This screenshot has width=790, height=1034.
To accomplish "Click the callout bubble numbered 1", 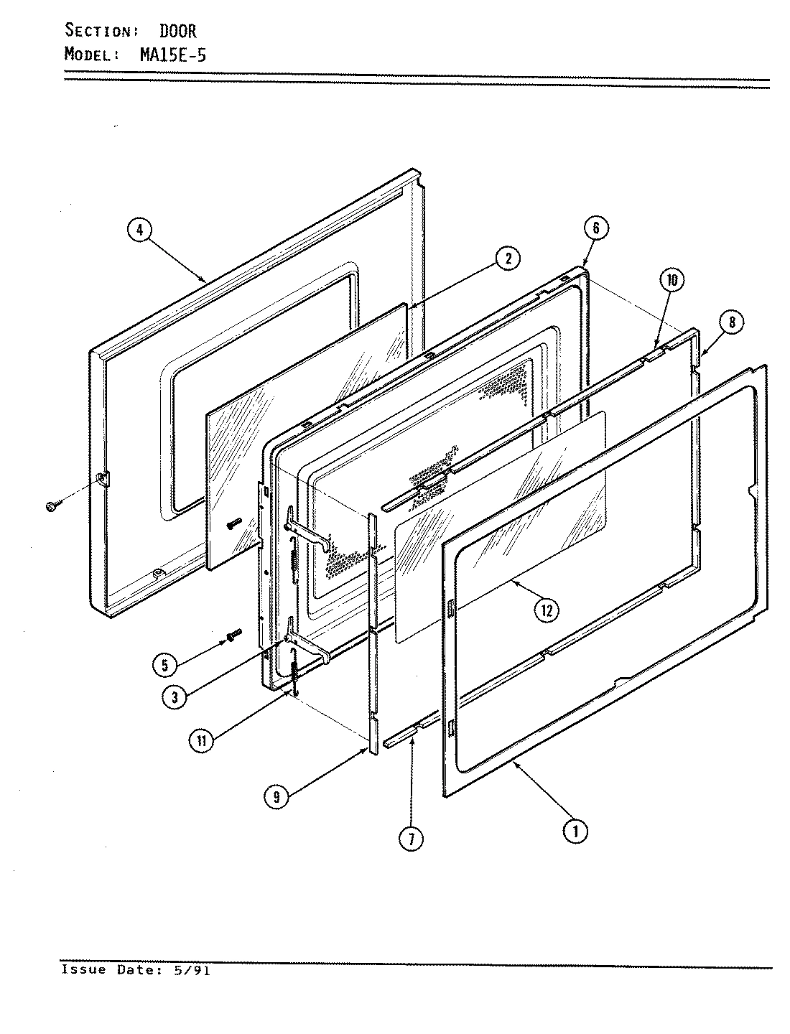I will (574, 831).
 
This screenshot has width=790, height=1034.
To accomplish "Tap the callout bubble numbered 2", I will (508, 259).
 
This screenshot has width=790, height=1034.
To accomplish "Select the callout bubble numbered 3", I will (171, 697).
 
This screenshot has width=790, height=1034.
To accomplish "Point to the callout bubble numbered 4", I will (140, 230).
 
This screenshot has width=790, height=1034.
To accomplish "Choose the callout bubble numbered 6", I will (596, 228).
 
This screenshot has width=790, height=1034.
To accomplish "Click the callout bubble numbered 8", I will (731, 322).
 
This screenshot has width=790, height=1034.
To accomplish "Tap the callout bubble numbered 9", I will (276, 798).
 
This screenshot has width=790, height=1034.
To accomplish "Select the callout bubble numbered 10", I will (671, 280).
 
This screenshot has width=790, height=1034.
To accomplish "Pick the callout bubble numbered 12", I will (547, 610).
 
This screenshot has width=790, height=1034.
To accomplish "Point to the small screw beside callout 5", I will (233, 635).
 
